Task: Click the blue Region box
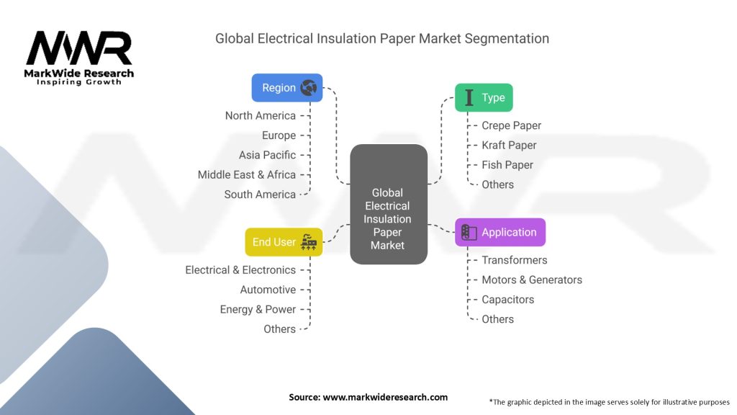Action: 286,88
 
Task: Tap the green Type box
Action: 484,98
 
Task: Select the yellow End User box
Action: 284,242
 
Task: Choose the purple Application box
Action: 500,233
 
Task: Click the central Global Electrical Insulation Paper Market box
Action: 388,206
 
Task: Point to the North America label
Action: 260,115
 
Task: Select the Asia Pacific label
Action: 267,155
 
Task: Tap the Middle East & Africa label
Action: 246,174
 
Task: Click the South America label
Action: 259,195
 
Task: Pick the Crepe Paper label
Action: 511,125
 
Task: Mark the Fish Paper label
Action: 507,165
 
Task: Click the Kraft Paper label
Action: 509,145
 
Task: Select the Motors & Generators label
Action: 531,280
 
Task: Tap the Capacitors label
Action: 507,300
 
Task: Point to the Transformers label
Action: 514,260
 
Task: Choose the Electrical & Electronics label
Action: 240,270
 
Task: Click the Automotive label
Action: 268,290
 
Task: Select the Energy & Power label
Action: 258,309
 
